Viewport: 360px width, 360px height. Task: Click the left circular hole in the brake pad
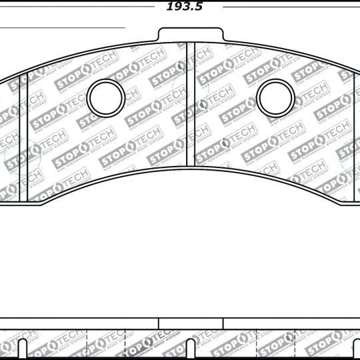(106, 97)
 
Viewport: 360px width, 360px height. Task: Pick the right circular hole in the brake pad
(276, 98)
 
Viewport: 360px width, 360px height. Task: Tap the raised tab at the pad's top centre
(190, 35)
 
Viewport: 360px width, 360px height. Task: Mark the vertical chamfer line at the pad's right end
(352, 133)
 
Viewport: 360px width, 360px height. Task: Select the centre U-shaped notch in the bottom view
(191, 349)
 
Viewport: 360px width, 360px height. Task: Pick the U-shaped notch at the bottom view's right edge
(357, 349)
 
